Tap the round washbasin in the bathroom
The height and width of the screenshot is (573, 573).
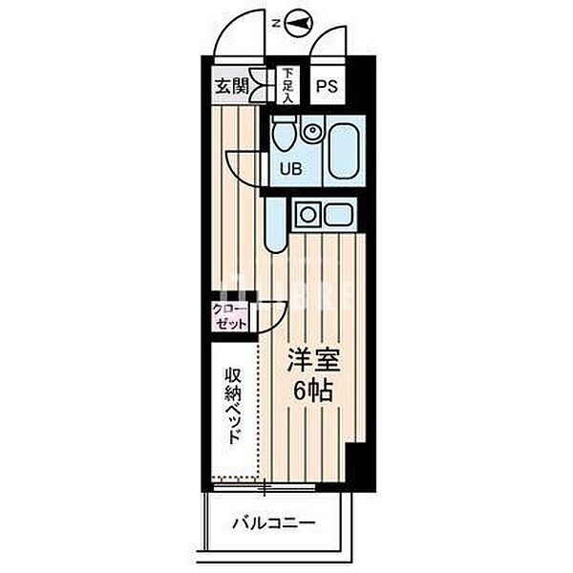tap(311, 134)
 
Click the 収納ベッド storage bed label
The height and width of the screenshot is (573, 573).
tap(232, 406)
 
